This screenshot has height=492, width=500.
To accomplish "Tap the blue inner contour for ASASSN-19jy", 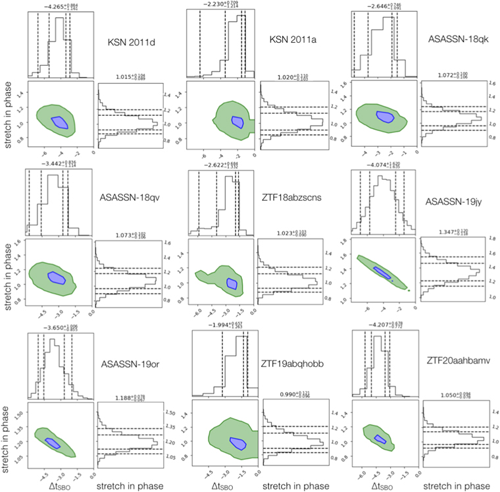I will (380, 272).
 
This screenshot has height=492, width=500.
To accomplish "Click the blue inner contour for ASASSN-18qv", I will (59, 277).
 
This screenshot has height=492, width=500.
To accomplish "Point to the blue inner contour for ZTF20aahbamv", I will (380, 439).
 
